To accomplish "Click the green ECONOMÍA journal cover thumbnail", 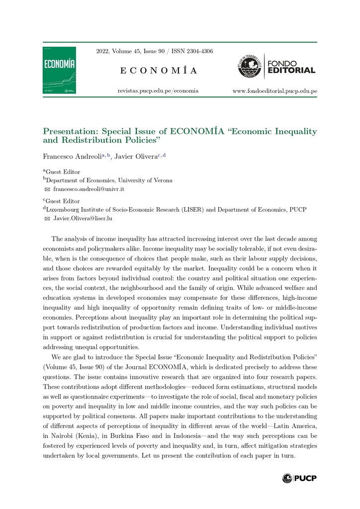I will point(59,70).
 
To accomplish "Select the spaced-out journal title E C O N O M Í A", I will point(158,71).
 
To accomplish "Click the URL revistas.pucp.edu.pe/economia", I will point(158,91).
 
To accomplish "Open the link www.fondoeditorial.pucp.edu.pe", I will point(274,91).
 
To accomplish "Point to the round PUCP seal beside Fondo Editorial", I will point(249,66).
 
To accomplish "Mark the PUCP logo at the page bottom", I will point(299,478).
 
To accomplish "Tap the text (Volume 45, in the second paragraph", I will point(64,367).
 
